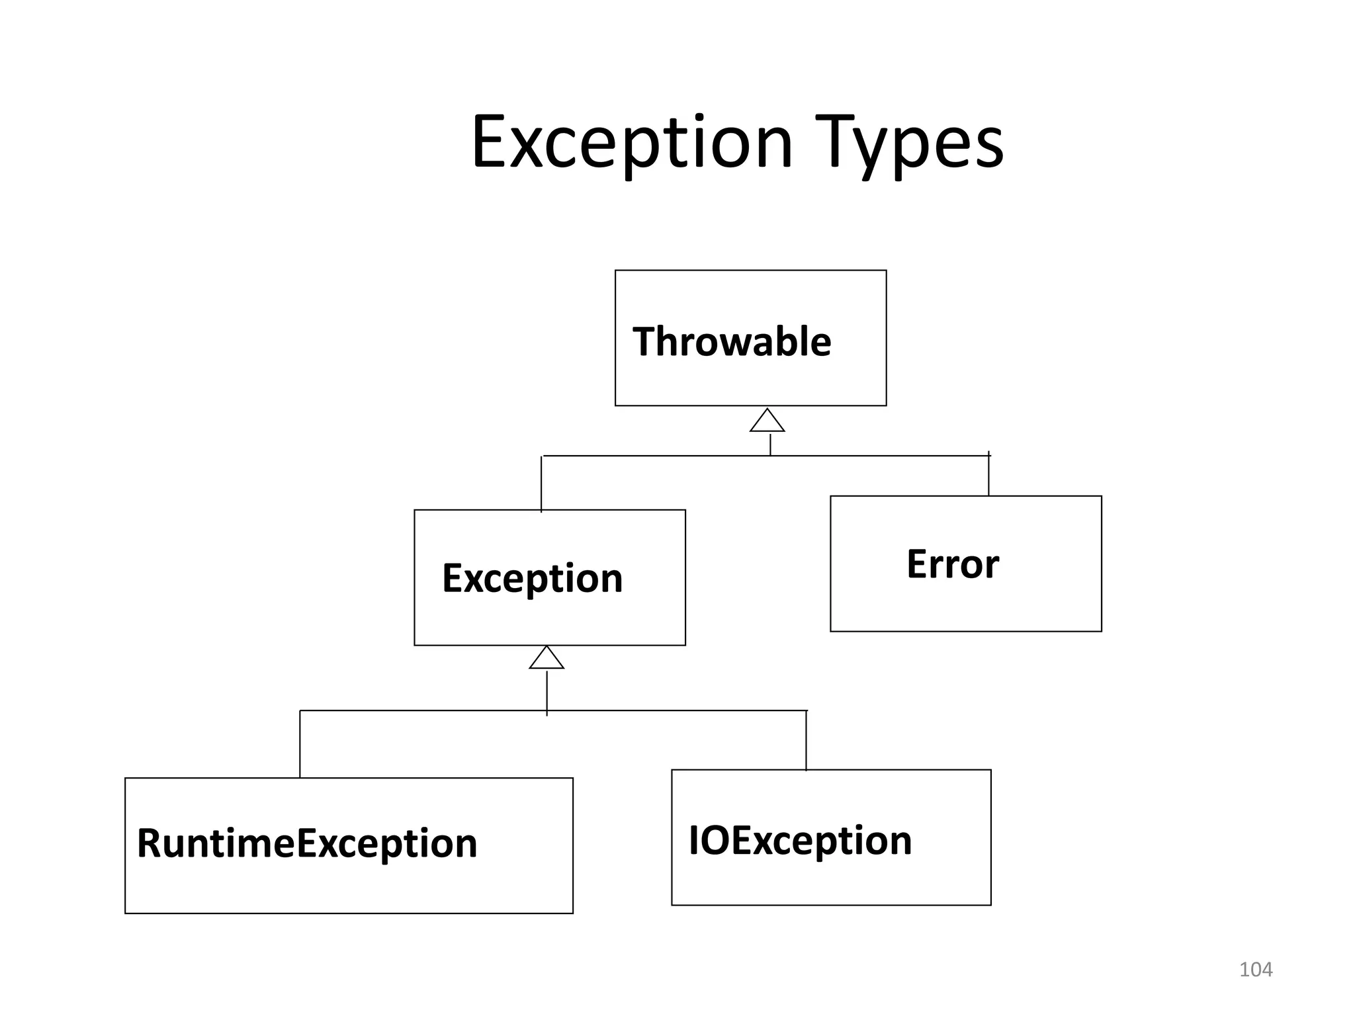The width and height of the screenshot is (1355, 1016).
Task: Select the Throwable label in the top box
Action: pyautogui.click(x=731, y=342)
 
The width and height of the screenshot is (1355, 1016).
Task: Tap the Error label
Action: pyautogui.click(x=952, y=564)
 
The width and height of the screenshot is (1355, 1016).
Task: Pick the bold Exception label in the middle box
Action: pyautogui.click(x=532, y=578)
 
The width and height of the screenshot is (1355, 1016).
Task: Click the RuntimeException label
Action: pyautogui.click(x=306, y=843)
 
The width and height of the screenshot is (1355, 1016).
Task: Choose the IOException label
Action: pyautogui.click(x=800, y=841)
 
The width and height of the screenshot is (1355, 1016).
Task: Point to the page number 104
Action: pyautogui.click(x=1255, y=970)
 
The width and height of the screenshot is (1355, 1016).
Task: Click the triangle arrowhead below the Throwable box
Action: pyautogui.click(x=767, y=422)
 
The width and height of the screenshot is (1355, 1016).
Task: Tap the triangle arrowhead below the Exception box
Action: pyautogui.click(x=546, y=659)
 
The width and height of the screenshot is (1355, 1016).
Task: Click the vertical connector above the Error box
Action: pyautogui.click(x=988, y=475)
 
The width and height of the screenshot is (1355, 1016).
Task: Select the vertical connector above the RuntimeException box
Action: pyautogui.click(x=300, y=744)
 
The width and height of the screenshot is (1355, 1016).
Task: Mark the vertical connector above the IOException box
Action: pyautogui.click(x=806, y=741)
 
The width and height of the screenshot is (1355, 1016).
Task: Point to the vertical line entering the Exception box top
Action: pyautogui.click(x=541, y=484)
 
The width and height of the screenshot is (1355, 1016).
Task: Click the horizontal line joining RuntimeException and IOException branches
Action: pyautogui.click(x=423, y=710)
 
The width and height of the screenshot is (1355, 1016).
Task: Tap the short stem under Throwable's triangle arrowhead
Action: pyautogui.click(x=770, y=444)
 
